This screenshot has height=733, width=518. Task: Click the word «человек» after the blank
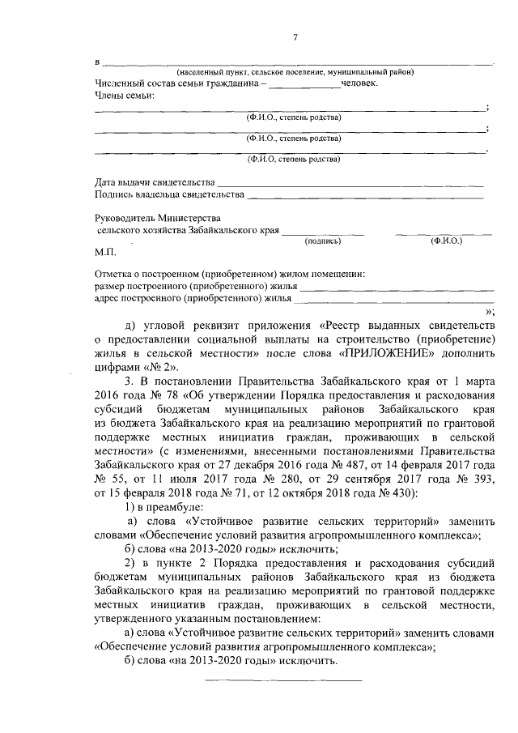tap(359, 83)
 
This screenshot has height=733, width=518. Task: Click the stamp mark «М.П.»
tap(106, 253)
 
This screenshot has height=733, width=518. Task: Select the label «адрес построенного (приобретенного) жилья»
tap(193, 298)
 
